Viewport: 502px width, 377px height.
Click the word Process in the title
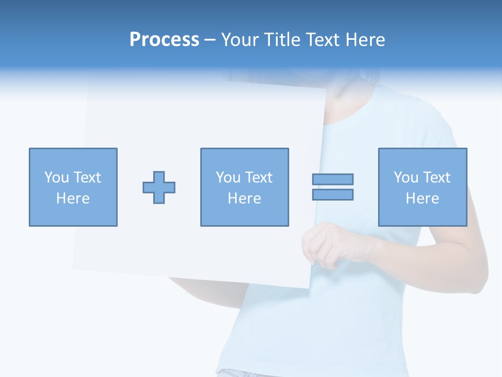pyautogui.click(x=164, y=40)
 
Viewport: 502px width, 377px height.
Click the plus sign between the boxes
pyautogui.click(x=159, y=187)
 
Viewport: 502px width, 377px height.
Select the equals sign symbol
pyautogui.click(x=333, y=187)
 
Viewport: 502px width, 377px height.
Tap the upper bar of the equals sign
pyautogui.click(x=333, y=179)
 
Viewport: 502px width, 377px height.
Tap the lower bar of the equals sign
pyautogui.click(x=333, y=195)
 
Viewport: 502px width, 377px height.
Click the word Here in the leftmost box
pyautogui.click(x=73, y=198)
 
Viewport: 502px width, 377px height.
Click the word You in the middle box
pyautogui.click(x=228, y=178)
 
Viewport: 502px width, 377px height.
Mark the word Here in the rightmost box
pyautogui.click(x=423, y=198)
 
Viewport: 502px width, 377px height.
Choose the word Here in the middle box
pyautogui.click(x=244, y=198)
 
